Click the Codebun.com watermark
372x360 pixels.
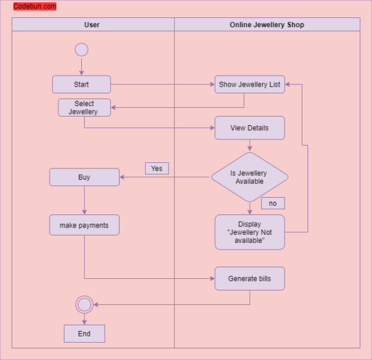[x=35, y=7]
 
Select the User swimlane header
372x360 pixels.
[x=92, y=25]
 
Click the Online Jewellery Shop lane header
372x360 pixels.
[x=267, y=25]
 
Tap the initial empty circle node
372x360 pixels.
[x=81, y=50]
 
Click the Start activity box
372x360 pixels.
[x=81, y=84]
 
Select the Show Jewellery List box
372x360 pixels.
[x=250, y=84]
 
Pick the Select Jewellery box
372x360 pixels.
[x=84, y=108]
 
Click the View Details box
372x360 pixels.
[x=250, y=128]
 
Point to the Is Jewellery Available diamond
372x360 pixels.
[x=250, y=177]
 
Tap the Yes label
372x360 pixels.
[x=157, y=169]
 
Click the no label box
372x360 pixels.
[x=273, y=203]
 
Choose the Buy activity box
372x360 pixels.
[x=84, y=177]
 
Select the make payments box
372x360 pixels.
[x=84, y=226]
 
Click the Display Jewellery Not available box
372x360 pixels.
[x=250, y=232]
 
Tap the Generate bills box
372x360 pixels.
[x=250, y=279]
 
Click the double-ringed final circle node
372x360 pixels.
[x=84, y=304]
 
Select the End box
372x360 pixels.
[x=84, y=334]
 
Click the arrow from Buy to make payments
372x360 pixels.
[x=84, y=200]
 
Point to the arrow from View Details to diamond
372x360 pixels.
[x=250, y=146]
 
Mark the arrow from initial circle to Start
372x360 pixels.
[x=81, y=66]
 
